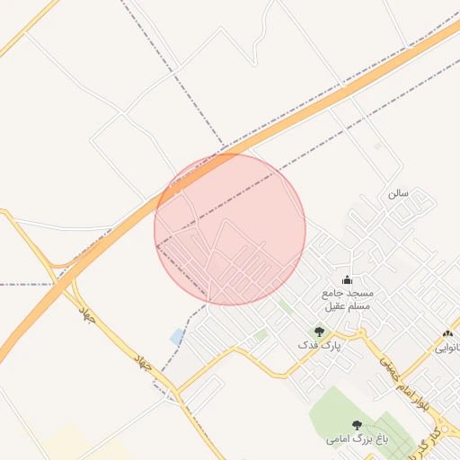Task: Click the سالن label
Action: (x=398, y=193)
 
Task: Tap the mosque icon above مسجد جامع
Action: (x=348, y=280)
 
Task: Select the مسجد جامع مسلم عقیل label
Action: (x=347, y=300)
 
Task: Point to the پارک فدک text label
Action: (x=320, y=345)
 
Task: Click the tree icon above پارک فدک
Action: (x=318, y=332)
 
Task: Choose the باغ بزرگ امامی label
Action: (x=357, y=439)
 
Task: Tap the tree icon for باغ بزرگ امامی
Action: (x=358, y=425)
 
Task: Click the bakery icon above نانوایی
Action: (x=448, y=334)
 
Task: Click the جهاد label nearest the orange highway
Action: (x=87, y=314)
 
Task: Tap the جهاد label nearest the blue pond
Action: (x=142, y=363)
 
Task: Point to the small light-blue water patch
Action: (x=177, y=337)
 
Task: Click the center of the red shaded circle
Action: (x=230, y=229)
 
